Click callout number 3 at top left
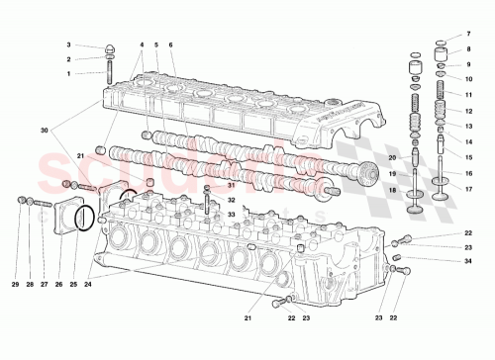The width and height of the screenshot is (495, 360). [x=69, y=45]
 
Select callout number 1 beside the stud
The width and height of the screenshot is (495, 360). [x=69, y=73]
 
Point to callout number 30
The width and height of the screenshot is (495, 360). [x=44, y=131]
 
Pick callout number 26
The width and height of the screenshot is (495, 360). [x=58, y=285]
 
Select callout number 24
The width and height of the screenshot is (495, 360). [x=87, y=285]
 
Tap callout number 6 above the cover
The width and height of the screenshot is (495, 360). [x=171, y=45]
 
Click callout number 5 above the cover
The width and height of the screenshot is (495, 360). [x=156, y=45]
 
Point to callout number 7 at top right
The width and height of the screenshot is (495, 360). [x=469, y=35]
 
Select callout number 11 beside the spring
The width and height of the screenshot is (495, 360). [x=469, y=95]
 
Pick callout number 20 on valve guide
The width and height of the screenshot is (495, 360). [x=391, y=158]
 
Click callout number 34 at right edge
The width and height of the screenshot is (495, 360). [x=469, y=260]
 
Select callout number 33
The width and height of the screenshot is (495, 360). [x=231, y=213]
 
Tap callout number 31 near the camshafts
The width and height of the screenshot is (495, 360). [x=231, y=185]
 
